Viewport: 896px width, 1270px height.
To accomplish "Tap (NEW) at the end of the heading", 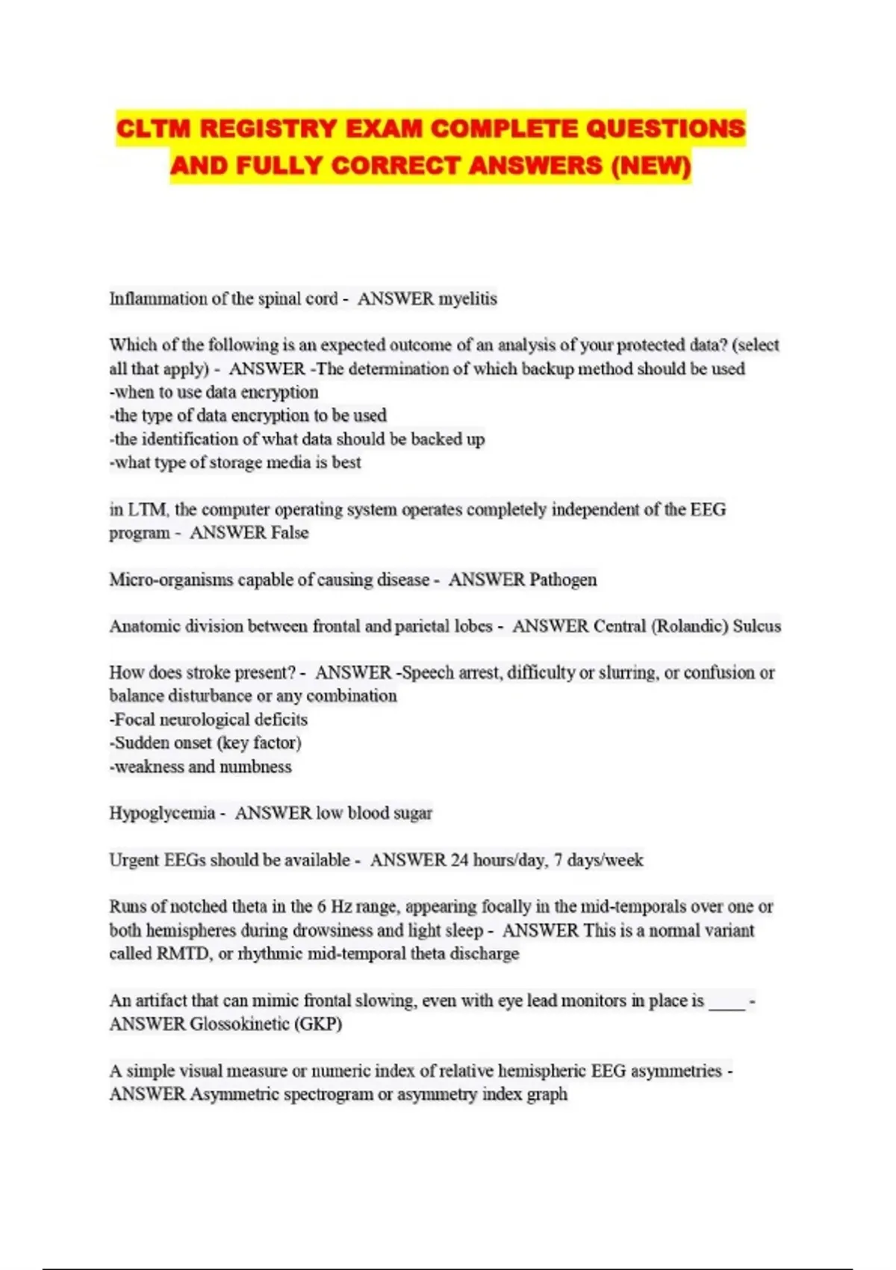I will (x=650, y=165).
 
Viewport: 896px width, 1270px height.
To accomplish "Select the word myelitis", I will (x=467, y=299).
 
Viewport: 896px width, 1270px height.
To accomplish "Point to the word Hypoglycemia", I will (x=162, y=813).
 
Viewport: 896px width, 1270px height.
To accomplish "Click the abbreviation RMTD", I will (x=183, y=954).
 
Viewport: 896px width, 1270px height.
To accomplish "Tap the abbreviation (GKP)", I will (x=319, y=1024).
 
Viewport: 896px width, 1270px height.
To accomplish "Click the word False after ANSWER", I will (x=290, y=533).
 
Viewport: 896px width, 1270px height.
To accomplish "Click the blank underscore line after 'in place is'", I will (x=727, y=1001).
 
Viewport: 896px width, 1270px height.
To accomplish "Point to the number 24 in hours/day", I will (x=459, y=860).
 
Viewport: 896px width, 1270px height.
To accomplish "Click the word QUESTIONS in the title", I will (x=665, y=128).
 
